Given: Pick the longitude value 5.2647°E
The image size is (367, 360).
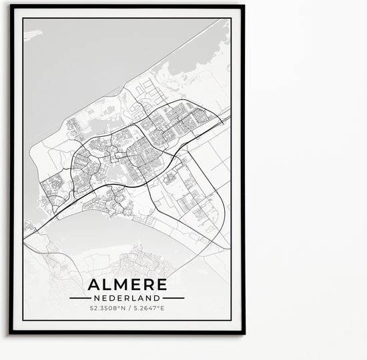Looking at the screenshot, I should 151,309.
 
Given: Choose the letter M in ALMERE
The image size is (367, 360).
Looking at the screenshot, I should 118,282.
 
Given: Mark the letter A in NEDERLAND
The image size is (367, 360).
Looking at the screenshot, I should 141,297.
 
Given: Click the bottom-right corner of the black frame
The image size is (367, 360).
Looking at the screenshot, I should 244,351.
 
